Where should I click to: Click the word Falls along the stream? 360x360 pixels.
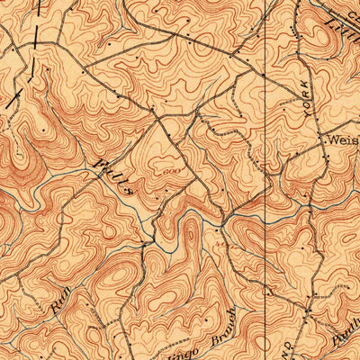(113, 176)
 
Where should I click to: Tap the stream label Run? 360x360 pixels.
(61, 293)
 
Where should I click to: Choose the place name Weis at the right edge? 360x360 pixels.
(342, 141)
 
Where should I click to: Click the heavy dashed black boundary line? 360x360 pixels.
(24, 67)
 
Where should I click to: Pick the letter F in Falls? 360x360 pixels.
(97, 164)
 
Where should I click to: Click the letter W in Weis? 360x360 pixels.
(331, 141)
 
